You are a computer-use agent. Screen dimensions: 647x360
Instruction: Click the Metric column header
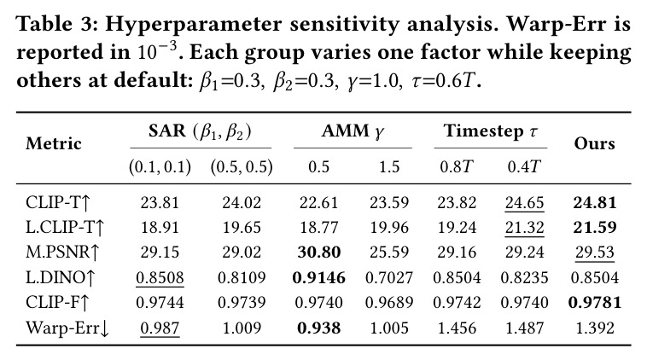54,143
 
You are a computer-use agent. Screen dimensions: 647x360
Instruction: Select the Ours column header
595,143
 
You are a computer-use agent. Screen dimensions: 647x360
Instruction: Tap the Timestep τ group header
491,131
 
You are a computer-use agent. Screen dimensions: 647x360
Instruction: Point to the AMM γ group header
353,131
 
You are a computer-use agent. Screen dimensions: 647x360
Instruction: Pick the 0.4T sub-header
523,166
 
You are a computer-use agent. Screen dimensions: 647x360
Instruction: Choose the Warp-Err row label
67,328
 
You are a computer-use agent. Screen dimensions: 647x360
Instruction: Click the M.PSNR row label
62,252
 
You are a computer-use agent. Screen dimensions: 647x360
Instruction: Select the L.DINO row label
61,277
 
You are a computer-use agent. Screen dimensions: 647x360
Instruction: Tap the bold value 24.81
595,202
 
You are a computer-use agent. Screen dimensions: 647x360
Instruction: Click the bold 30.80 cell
319,252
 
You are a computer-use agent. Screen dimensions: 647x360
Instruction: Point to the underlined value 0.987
160,328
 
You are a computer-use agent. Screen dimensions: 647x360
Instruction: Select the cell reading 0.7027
389,277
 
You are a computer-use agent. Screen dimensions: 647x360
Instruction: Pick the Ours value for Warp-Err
595,328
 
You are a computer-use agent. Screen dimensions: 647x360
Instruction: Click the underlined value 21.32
524,227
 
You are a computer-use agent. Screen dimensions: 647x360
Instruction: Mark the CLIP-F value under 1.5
389,303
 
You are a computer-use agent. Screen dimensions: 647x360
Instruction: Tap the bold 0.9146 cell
319,277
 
